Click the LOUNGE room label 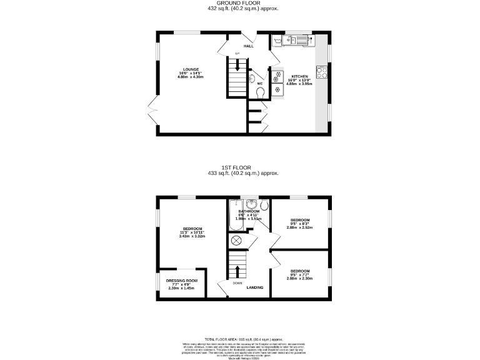pos(191,69)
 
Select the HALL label pos(248,46)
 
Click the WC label pos(259,83)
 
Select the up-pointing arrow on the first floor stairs pos(237,271)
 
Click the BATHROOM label pos(248,212)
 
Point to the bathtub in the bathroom pos(236,214)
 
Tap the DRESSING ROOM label pos(181,281)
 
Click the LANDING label pos(254,287)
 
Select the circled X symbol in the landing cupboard pos(237,241)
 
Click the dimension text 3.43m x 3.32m pos(191,236)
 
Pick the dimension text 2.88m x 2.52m pos(299,227)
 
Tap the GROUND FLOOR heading pos(242,3)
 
